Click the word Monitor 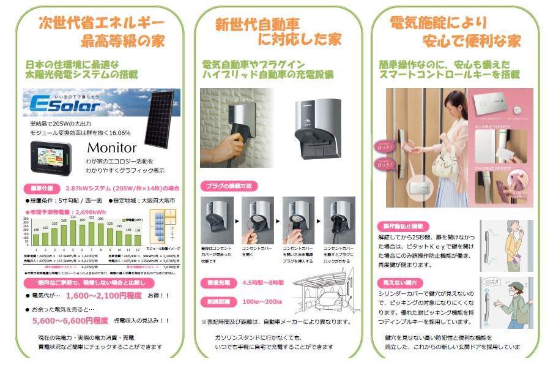tap(112, 148)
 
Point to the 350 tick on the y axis tap(27, 218)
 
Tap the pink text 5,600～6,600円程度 tap(70, 320)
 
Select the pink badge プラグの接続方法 tap(228, 186)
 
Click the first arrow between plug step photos tap(237, 219)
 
